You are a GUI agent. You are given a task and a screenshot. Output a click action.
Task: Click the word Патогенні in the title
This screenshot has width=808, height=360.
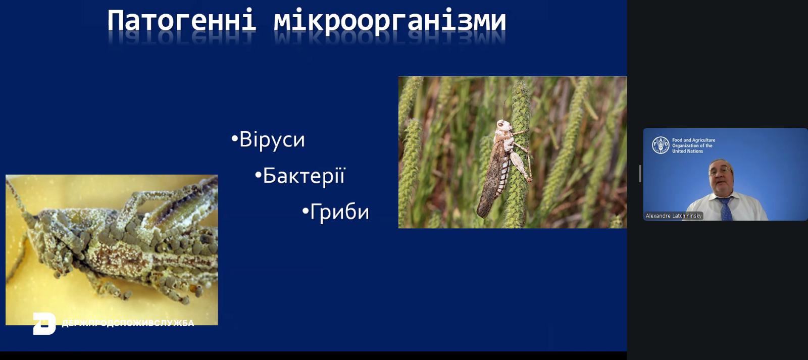[x=182, y=21]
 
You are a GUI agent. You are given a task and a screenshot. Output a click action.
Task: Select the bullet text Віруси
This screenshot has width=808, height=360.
[x=272, y=139]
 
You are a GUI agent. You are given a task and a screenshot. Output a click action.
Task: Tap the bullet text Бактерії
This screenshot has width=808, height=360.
[x=304, y=176]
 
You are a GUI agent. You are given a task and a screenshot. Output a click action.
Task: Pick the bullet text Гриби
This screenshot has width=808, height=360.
[x=339, y=212]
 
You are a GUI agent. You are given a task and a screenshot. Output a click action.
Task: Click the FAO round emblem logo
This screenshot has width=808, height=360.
[x=661, y=145]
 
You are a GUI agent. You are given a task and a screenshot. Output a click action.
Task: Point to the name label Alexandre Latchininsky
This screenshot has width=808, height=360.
[x=674, y=216]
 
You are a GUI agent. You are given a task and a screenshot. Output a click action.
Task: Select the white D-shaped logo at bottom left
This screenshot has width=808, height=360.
[x=44, y=324]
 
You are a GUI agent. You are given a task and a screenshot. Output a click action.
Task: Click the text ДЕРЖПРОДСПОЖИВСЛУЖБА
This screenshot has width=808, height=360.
[x=128, y=323]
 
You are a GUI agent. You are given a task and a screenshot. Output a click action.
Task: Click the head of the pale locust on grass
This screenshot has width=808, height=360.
[x=503, y=126]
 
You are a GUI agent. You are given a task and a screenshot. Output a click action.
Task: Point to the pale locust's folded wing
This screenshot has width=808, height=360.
[x=490, y=180]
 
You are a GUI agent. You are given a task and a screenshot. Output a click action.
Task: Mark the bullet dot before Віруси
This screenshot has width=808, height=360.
[x=234, y=138]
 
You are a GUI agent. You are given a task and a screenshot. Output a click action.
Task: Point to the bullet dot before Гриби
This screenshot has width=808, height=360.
[x=305, y=211]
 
